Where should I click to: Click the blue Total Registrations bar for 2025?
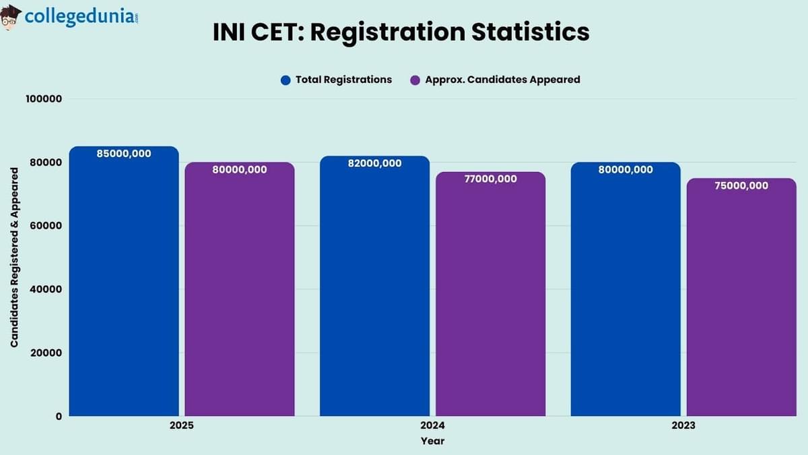[124, 283]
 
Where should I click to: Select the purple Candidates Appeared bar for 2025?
[240, 290]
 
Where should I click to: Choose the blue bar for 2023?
[626, 290]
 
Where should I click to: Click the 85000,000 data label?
[124, 154]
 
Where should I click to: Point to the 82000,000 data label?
[374, 163]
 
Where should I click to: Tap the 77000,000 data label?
[490, 179]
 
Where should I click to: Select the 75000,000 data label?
[741, 185]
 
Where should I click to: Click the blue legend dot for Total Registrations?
[285, 80]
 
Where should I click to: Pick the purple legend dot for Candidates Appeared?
[415, 80]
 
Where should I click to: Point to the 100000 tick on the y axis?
[44, 99]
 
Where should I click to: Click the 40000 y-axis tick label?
[46, 289]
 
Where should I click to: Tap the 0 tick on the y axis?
[59, 416]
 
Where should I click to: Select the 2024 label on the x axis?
[432, 426]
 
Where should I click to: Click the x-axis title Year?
[432, 441]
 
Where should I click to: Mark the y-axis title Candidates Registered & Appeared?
[14, 257]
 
